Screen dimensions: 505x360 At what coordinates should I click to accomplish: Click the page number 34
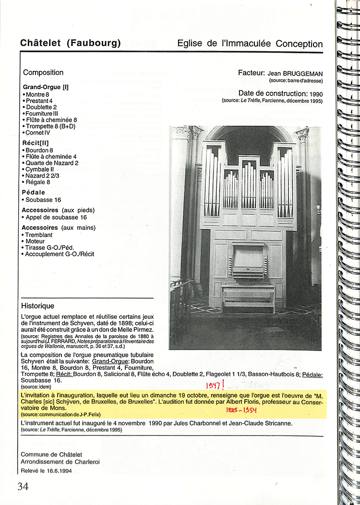[23, 486]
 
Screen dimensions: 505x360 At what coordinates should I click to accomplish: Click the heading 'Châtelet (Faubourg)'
[71, 43]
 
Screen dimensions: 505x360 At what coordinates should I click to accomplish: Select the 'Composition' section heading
[43, 72]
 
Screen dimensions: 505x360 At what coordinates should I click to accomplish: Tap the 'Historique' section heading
[38, 305]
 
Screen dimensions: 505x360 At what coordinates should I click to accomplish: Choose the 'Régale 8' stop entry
[37, 182]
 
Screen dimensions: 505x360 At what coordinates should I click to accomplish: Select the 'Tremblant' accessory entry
[38, 235]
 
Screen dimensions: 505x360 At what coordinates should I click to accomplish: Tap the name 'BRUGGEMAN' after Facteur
[303, 73]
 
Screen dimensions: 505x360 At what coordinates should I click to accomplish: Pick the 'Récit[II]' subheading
[36, 142]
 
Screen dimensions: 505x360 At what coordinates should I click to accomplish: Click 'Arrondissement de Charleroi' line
[60, 461]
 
